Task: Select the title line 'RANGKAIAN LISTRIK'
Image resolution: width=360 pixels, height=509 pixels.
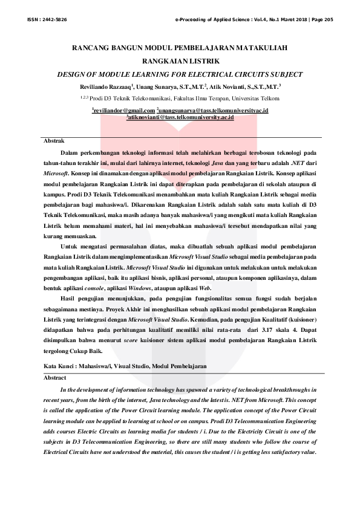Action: pos(180,61)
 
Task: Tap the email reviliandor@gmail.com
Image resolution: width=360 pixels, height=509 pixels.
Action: pos(123,111)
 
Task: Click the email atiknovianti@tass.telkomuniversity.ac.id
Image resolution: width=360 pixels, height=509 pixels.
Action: pos(180,117)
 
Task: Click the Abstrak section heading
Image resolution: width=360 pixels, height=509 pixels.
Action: pos(54,141)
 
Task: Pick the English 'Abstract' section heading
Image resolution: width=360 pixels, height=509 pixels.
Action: pos(55,377)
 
